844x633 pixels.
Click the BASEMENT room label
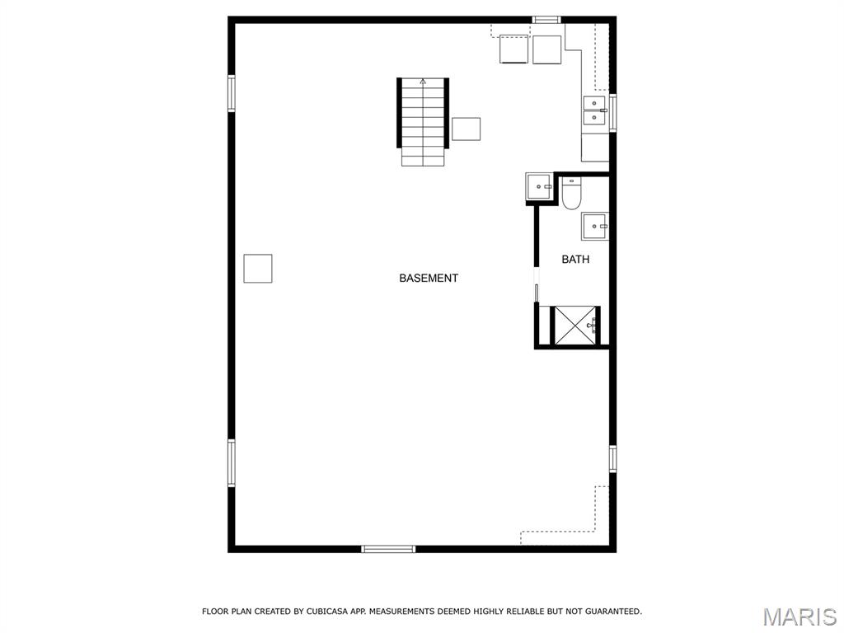coord(429,279)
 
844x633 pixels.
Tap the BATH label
coord(575,260)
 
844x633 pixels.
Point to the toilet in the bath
coord(571,193)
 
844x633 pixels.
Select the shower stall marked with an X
coord(575,325)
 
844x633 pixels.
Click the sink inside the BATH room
coord(594,226)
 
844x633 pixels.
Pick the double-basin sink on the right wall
coord(595,110)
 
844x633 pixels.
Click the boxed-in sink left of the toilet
coord(539,187)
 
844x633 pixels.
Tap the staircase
coord(423,122)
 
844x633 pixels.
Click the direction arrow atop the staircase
coord(423,82)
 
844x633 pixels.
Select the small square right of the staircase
coord(467,129)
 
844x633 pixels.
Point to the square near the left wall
coord(258,269)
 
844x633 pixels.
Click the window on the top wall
coord(546,20)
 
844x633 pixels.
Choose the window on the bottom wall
coord(388,549)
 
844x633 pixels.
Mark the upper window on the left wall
coord(232,93)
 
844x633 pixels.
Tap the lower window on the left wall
coord(232,463)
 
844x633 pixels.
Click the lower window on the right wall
coord(612,459)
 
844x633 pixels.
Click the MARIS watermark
coord(799,617)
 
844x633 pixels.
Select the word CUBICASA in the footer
coord(327,612)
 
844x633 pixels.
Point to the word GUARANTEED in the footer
coord(613,612)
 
